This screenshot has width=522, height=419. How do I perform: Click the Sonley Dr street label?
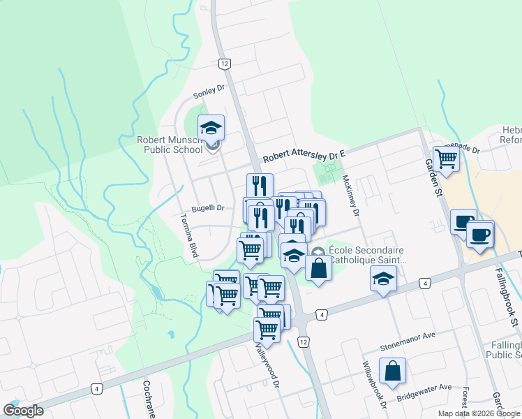tap(211, 89)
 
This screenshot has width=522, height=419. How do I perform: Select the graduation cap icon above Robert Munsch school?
tap(211, 128)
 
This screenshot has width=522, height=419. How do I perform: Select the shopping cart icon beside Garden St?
tap(446, 159)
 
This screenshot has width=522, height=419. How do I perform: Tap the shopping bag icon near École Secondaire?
tap(318, 268)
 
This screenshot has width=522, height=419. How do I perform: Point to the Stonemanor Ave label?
tap(407, 335)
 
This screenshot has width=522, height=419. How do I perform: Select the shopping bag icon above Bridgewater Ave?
tap(392, 371)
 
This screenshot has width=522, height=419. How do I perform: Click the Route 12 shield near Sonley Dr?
tap(223, 64)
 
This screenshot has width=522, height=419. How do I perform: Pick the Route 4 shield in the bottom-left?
tap(96, 388)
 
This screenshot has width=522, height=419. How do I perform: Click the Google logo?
tap(23, 411)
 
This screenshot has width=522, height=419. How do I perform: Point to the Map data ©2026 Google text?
tap(479, 413)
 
